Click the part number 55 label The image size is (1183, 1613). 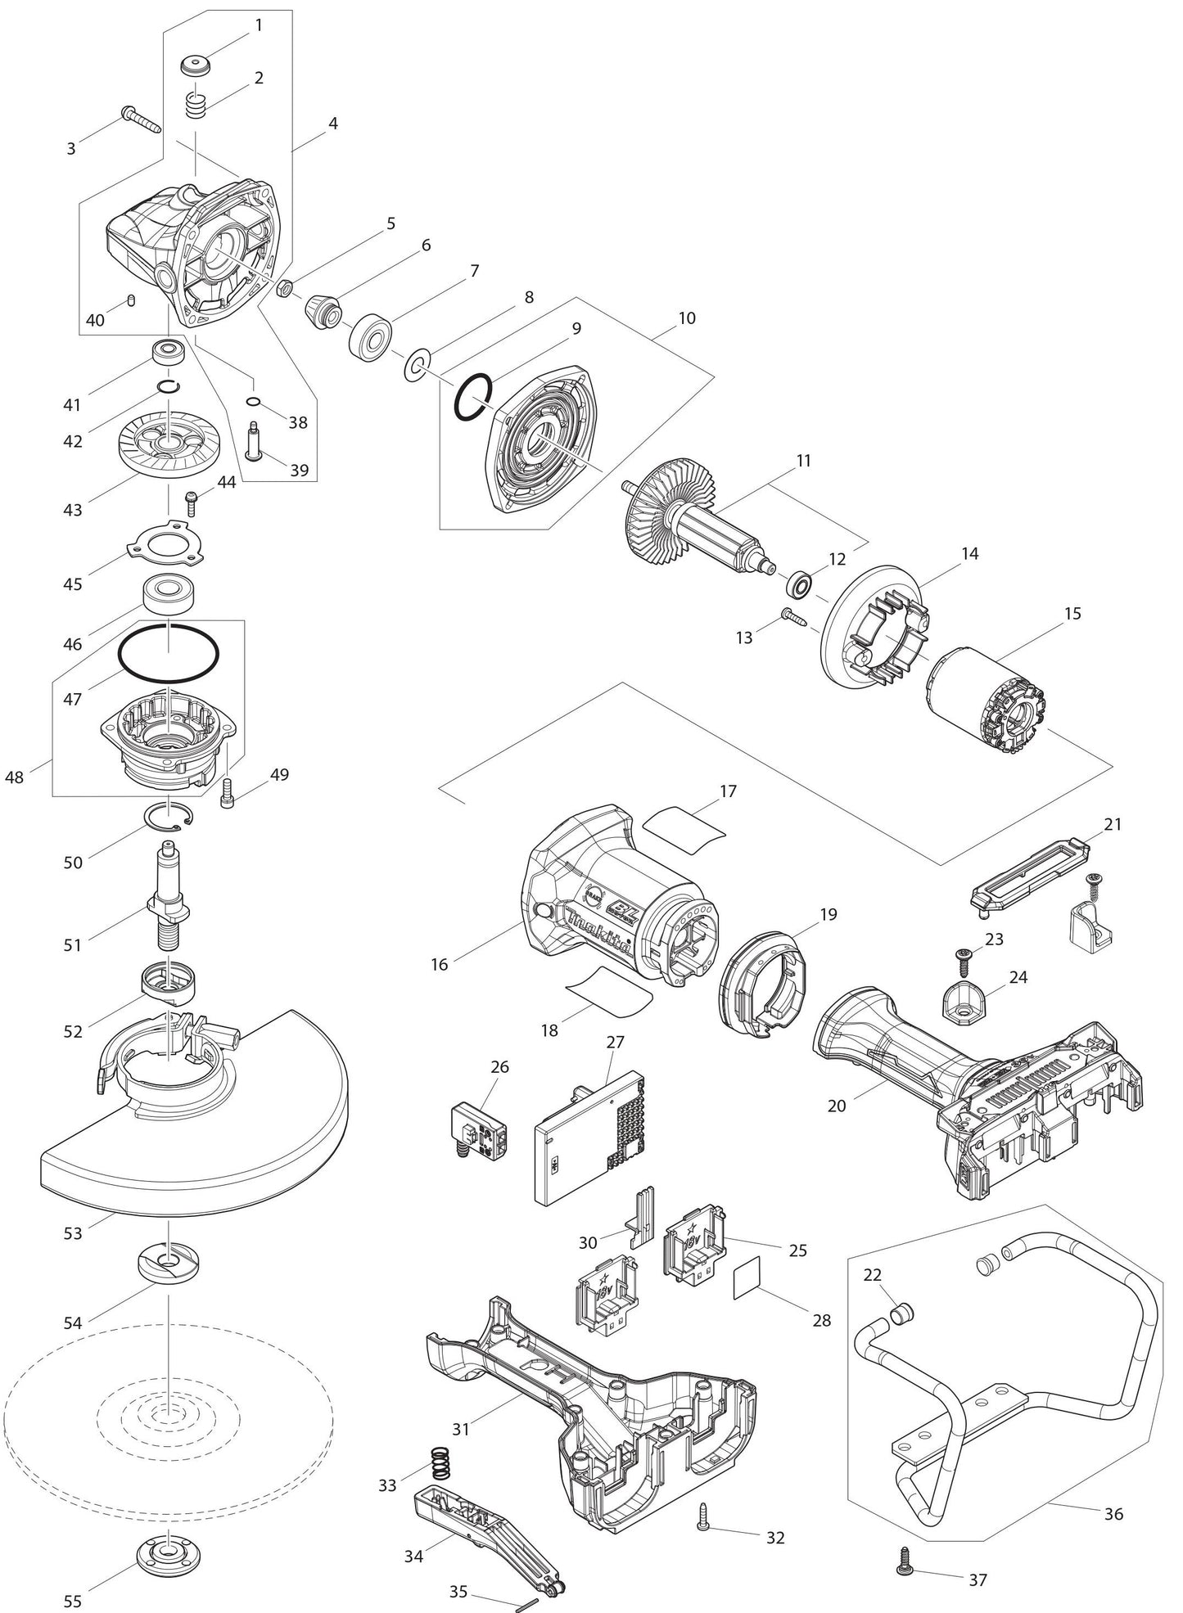[x=73, y=1600]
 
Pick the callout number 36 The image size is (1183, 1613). [x=1113, y=1513]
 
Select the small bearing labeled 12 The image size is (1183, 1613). [x=798, y=584]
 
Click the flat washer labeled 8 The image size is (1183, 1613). [x=417, y=363]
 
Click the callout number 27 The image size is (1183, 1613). [x=615, y=1042]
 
